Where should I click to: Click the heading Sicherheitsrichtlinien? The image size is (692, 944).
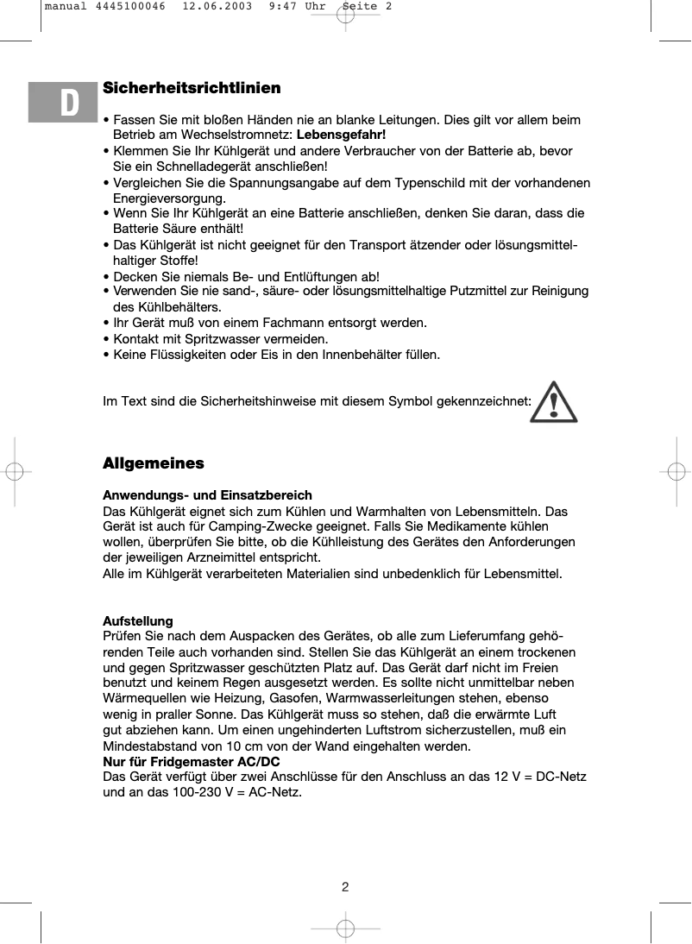[x=192, y=88]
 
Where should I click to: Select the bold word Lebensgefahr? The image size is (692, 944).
[x=341, y=135]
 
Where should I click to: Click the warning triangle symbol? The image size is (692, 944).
[x=553, y=402]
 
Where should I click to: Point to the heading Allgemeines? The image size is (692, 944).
[x=154, y=463]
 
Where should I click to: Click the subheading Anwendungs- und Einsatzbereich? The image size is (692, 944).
[x=207, y=495]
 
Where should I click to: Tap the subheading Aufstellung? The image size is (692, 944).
[x=138, y=621]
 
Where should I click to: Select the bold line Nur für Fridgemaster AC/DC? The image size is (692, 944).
[x=191, y=761]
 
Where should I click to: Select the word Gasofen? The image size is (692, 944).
[x=274, y=699]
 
